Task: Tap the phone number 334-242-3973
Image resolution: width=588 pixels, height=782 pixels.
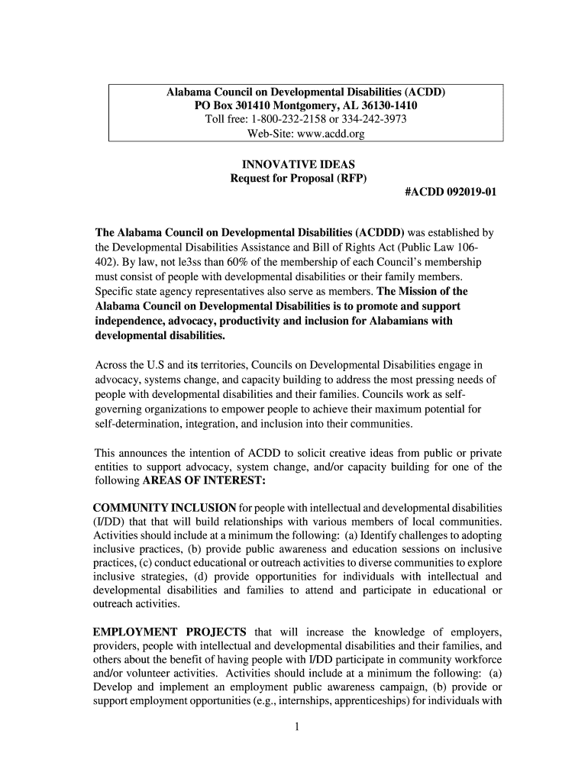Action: [x=375, y=120]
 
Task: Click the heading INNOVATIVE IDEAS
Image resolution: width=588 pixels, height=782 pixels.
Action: [x=298, y=164]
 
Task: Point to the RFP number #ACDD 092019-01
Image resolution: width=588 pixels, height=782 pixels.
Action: [x=451, y=193]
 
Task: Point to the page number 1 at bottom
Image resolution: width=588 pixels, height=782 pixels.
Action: [x=295, y=726]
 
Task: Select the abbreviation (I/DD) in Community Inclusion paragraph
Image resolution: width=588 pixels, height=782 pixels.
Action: [x=108, y=522]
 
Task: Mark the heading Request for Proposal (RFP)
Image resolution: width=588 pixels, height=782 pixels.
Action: [x=298, y=179]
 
